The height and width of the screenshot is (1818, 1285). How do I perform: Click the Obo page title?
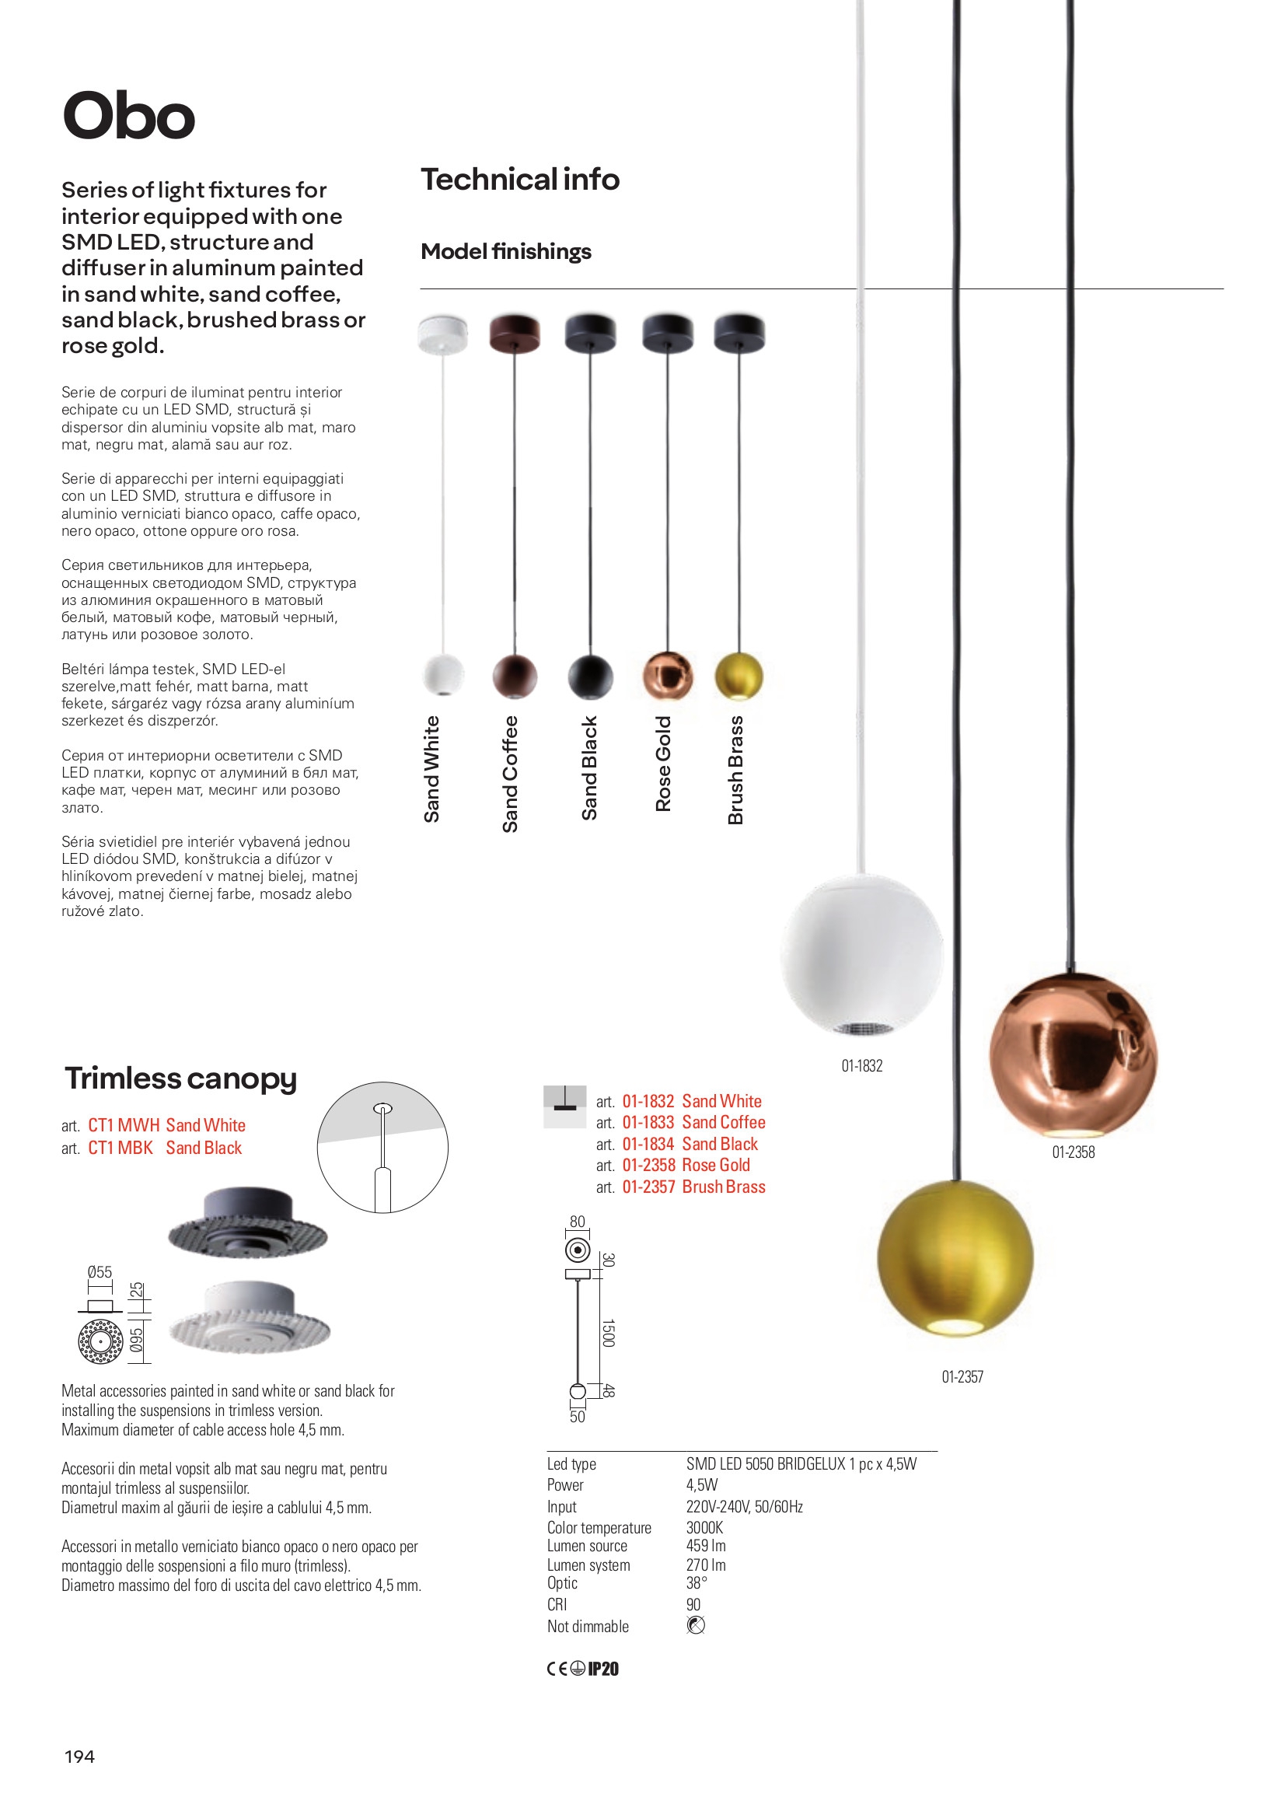(128, 117)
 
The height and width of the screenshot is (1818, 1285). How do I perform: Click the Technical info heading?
(519, 180)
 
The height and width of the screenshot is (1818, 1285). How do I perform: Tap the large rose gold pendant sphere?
(1073, 1055)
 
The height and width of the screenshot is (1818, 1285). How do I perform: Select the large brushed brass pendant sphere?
(955, 1258)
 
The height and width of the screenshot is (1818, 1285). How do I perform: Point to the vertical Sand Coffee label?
(510, 774)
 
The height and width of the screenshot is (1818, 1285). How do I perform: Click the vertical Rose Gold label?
(662, 764)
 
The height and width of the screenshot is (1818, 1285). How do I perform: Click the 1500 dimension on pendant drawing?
(608, 1333)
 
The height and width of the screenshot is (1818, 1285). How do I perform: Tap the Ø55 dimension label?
(100, 1272)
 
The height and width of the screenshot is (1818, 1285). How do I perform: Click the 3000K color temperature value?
(704, 1527)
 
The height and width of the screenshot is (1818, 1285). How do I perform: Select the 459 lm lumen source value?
(705, 1546)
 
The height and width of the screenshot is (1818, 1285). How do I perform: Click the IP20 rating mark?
(603, 1669)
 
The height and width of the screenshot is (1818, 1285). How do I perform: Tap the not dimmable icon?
(696, 1626)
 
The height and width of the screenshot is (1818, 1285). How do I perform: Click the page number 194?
(79, 1757)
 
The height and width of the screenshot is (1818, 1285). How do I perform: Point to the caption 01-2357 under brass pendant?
(962, 1377)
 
